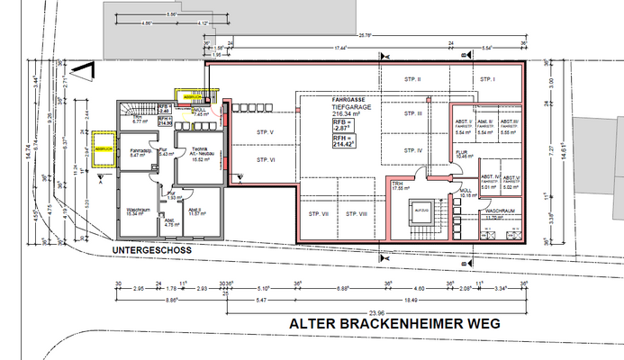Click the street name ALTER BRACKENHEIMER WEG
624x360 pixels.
393,322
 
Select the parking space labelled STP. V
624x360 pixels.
264,132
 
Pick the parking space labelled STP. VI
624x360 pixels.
264,159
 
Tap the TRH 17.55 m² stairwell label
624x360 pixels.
396,186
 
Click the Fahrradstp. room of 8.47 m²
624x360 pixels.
140,153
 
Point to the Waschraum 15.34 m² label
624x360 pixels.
138,211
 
